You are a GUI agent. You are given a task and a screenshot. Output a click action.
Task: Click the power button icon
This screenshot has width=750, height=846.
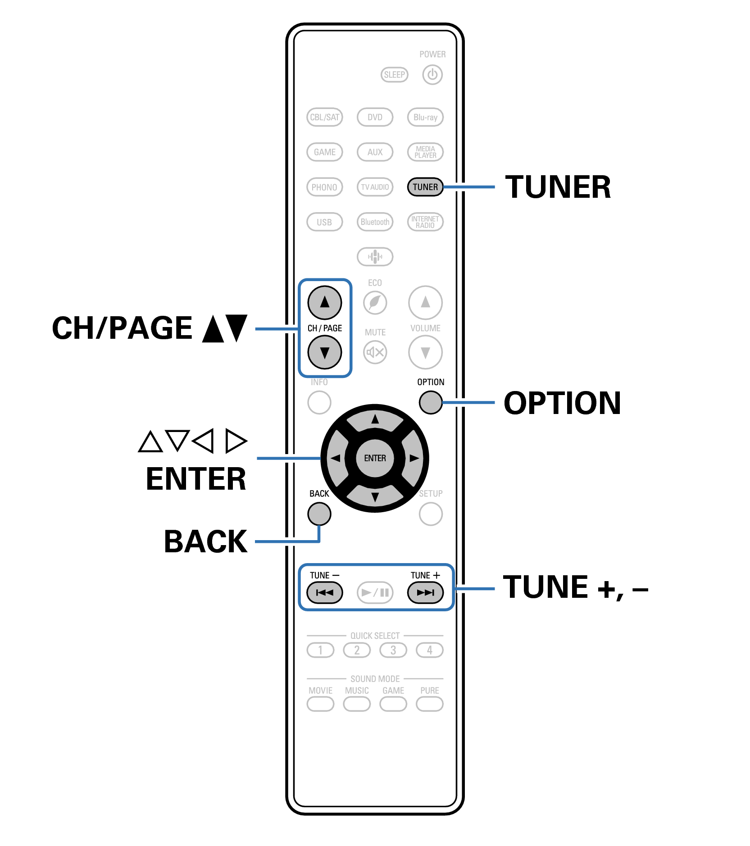pos(432,75)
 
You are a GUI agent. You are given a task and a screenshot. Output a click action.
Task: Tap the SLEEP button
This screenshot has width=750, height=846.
pos(394,75)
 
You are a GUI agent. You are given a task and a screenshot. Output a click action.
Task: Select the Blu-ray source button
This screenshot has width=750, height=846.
pos(425,117)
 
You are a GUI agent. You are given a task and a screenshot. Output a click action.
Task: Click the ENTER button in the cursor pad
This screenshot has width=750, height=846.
pos(375,458)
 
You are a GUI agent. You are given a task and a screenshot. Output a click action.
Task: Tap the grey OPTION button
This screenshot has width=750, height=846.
pos(430,402)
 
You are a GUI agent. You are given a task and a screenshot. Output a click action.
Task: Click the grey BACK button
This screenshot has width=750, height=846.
pos(319,514)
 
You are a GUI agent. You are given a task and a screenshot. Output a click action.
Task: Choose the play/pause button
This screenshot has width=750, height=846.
pos(375,592)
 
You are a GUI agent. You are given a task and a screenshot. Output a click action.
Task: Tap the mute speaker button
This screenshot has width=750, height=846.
pos(375,352)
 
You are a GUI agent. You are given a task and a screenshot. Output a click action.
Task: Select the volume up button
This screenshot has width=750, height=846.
pos(425,302)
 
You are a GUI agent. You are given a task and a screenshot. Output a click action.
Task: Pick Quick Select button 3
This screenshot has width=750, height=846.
pos(393,650)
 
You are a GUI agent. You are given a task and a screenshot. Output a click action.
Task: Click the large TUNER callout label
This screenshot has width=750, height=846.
pos(558,187)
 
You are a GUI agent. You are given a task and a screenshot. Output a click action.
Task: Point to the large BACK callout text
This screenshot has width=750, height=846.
pos(205,541)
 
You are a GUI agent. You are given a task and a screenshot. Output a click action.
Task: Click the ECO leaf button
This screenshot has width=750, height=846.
pos(375,302)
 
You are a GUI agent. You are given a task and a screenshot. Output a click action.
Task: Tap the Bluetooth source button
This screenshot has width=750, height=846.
pos(375,222)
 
